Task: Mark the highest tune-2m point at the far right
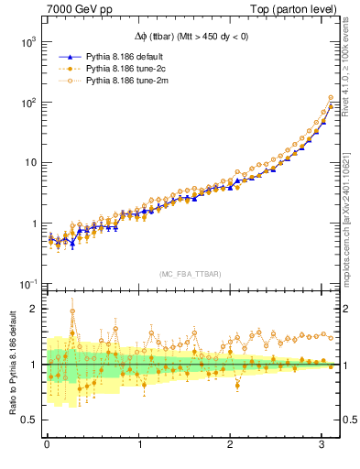coord(331,97)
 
